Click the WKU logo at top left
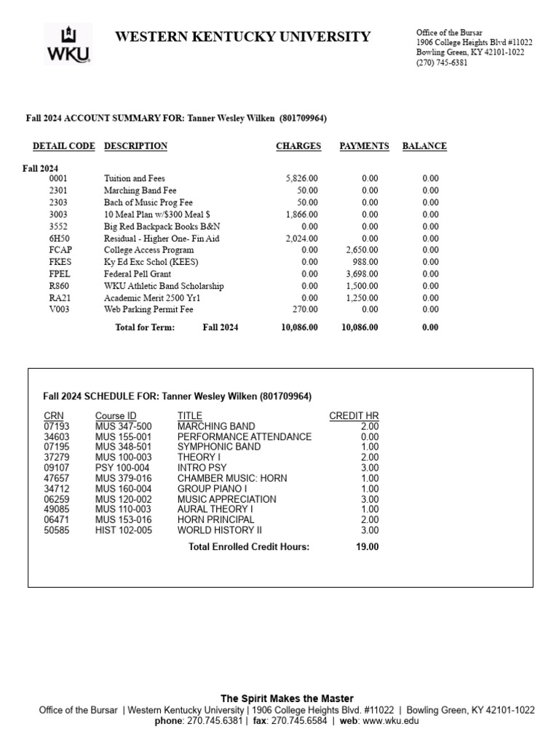pos(68,44)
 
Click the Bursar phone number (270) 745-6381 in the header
pos(442,63)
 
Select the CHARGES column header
pos(298,146)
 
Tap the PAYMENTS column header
pos(364,146)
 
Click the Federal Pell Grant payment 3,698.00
pos(361,274)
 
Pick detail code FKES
pos(60,262)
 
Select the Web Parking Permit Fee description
pos(148,309)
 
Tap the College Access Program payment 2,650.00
pos(361,250)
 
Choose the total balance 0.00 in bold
pos(430,327)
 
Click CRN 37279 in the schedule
pos(57,457)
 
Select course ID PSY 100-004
pos(122,468)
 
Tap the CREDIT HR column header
pos(354,416)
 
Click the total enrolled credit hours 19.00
pos(367,547)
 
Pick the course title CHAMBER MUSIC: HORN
pos(232,478)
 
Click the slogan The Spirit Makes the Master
pos(287,699)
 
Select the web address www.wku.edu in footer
pos(390,721)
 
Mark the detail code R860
pos(59,286)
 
